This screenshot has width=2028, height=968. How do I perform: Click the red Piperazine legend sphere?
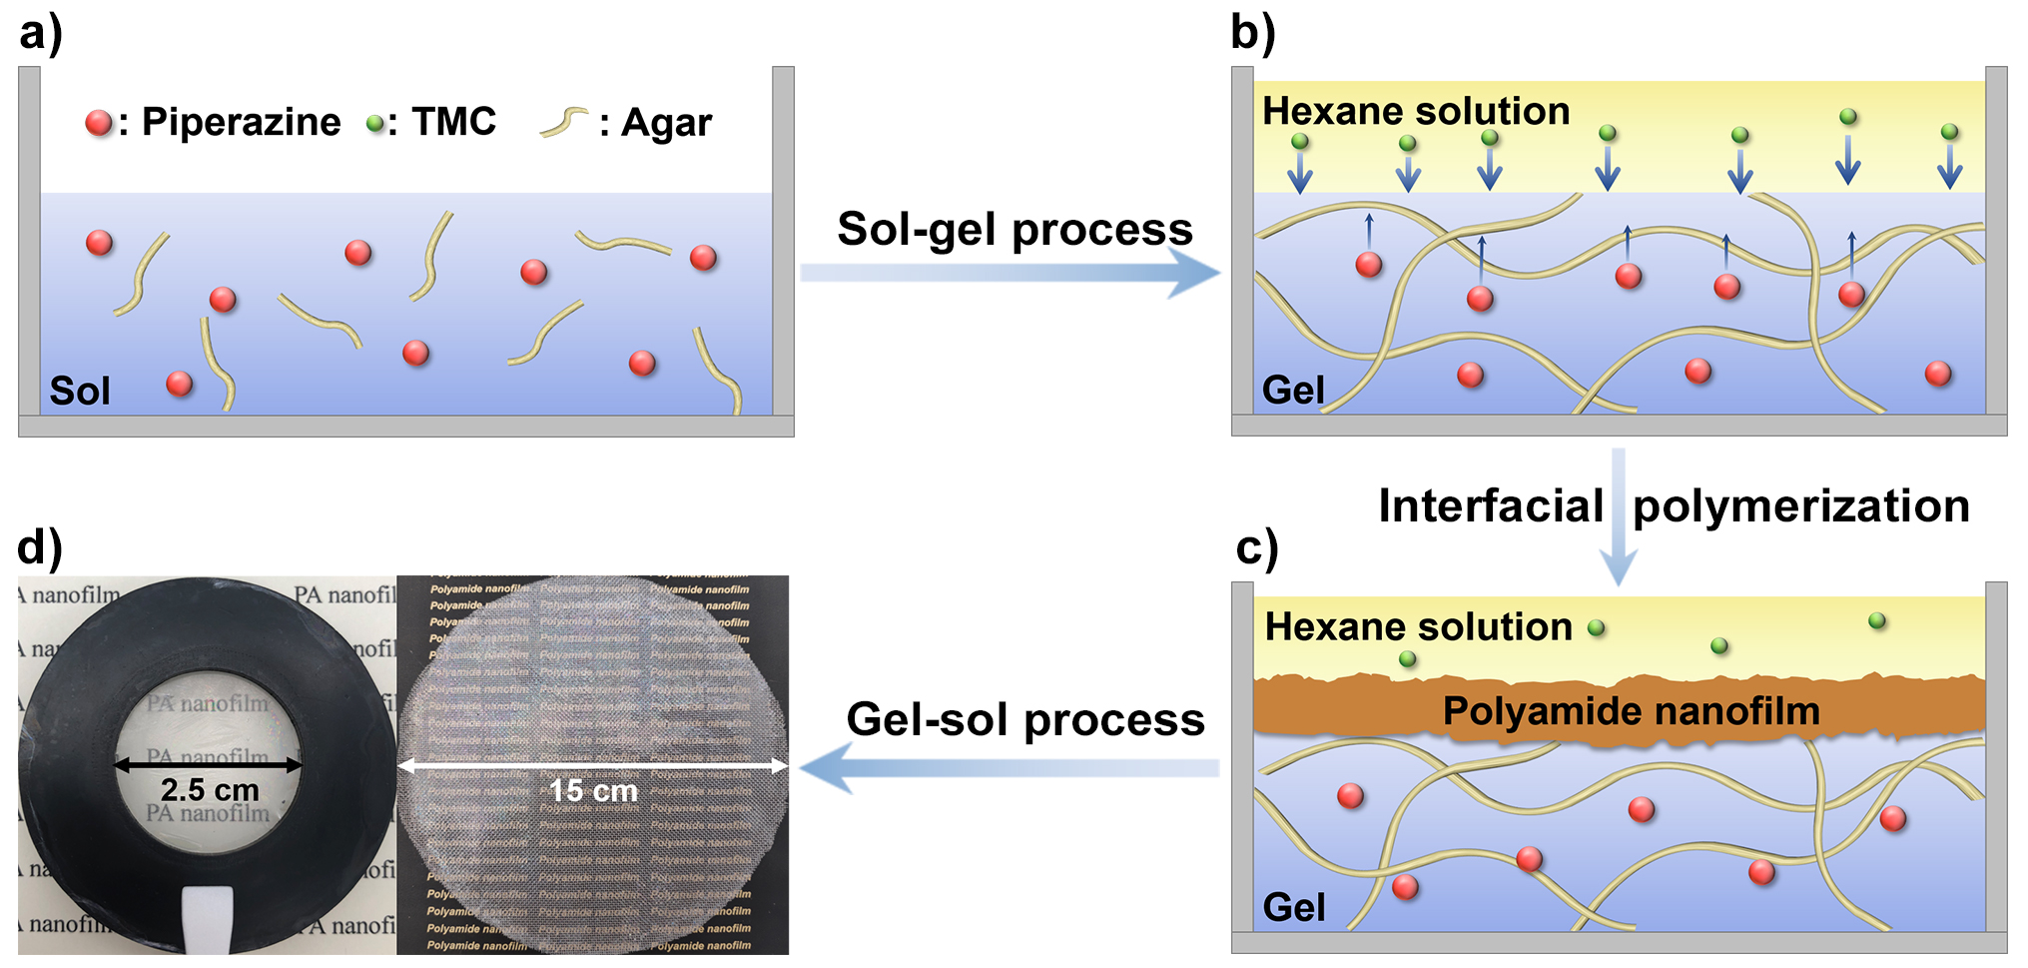[x=99, y=123]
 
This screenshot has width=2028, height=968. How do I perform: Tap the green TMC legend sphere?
[x=375, y=124]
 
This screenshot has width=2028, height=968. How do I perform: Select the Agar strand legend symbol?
[x=564, y=122]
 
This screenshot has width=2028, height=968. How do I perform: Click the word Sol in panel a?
[x=80, y=391]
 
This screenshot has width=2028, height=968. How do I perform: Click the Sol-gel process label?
[x=1014, y=229]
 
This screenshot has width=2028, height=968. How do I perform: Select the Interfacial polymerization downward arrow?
[x=1618, y=515]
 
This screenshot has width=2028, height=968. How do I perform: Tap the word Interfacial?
[x=1490, y=505]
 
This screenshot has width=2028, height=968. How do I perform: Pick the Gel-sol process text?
[x=1025, y=719]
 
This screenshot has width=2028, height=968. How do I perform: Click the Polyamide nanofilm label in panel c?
[x=1631, y=711]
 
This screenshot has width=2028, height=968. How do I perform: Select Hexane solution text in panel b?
[x=1416, y=111]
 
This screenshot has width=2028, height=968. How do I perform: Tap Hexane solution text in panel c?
[x=1418, y=626]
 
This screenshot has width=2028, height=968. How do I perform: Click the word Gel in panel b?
[x=1293, y=390]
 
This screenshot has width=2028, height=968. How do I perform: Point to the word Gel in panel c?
[x=1294, y=907]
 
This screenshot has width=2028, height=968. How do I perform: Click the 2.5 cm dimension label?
[x=210, y=790]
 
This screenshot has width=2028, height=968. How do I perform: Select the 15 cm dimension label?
[x=593, y=791]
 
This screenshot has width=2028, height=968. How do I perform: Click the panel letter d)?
[x=40, y=547]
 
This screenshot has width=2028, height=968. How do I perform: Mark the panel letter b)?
[x=1253, y=32]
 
